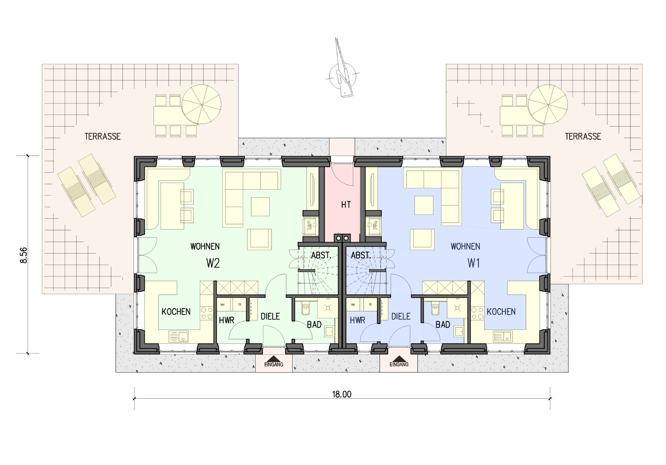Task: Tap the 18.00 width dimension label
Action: pos(342,394)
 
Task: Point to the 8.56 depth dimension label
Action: pos(24,255)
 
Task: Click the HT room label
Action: pos(346,205)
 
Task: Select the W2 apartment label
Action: pos(213,263)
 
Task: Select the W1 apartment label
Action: pos(474,263)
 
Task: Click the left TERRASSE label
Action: pos(102,136)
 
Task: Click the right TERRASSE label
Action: pos(583,136)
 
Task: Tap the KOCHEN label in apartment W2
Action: pos(176,312)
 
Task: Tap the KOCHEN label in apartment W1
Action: pos(501,312)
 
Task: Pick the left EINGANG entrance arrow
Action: pos(274,359)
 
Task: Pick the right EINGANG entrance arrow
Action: pos(399,359)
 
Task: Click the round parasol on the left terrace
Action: pos(202,105)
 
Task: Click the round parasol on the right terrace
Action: pos(548,105)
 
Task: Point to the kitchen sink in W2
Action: pos(179,336)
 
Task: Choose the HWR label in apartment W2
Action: pos(226,320)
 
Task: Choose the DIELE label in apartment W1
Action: pos(401,316)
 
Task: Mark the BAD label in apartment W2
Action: pos(314,325)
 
